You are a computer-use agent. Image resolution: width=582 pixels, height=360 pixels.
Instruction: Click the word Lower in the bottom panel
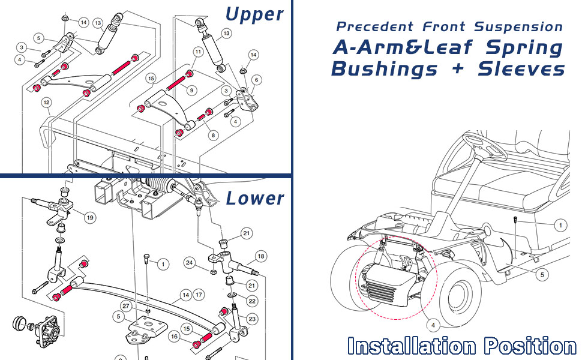coord(255,198)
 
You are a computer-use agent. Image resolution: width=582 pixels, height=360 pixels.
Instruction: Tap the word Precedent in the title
coord(374,27)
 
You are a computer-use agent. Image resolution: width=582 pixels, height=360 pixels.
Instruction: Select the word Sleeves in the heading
coord(521,69)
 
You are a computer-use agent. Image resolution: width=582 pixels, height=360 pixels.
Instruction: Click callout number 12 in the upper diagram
coord(46,102)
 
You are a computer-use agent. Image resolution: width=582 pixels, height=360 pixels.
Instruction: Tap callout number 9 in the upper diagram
coord(191,90)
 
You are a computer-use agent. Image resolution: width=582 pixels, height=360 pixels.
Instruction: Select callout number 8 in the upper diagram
coord(213,136)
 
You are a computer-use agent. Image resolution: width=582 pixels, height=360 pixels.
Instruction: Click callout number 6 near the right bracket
coord(257,80)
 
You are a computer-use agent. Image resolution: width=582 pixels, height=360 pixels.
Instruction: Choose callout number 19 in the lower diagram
coord(89,218)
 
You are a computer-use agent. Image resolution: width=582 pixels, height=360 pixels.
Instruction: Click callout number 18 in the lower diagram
coord(260,256)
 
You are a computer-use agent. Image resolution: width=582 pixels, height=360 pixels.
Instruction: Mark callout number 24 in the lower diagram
coord(190,262)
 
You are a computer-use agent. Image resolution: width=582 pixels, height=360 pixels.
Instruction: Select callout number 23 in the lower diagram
coord(251,319)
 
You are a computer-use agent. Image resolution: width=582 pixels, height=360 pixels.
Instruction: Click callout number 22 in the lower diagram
coord(251,301)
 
